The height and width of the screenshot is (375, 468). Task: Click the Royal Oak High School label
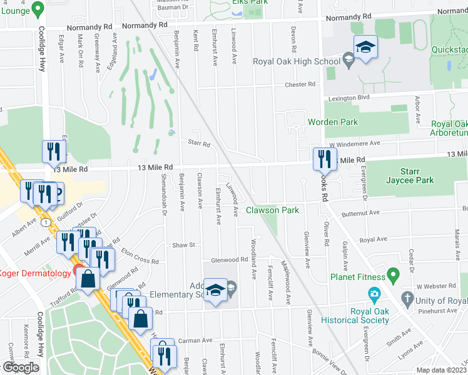296,61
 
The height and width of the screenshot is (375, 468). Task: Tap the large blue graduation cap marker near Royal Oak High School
365,47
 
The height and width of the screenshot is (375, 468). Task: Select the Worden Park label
332,122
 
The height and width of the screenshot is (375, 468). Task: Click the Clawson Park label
272,210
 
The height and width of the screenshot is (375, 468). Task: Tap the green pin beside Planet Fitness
393,274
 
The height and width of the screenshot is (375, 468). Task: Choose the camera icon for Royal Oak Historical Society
374,294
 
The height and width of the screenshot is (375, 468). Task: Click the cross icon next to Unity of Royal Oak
407,299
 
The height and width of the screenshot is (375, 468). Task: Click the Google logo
21,367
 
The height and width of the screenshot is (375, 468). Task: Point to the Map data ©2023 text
442,370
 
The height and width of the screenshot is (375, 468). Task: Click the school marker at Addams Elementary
216,291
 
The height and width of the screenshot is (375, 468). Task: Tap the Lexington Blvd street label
347,97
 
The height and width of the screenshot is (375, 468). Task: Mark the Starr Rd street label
199,144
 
